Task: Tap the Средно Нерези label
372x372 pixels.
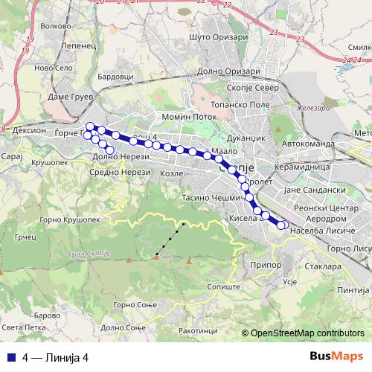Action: pos(122,173)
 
